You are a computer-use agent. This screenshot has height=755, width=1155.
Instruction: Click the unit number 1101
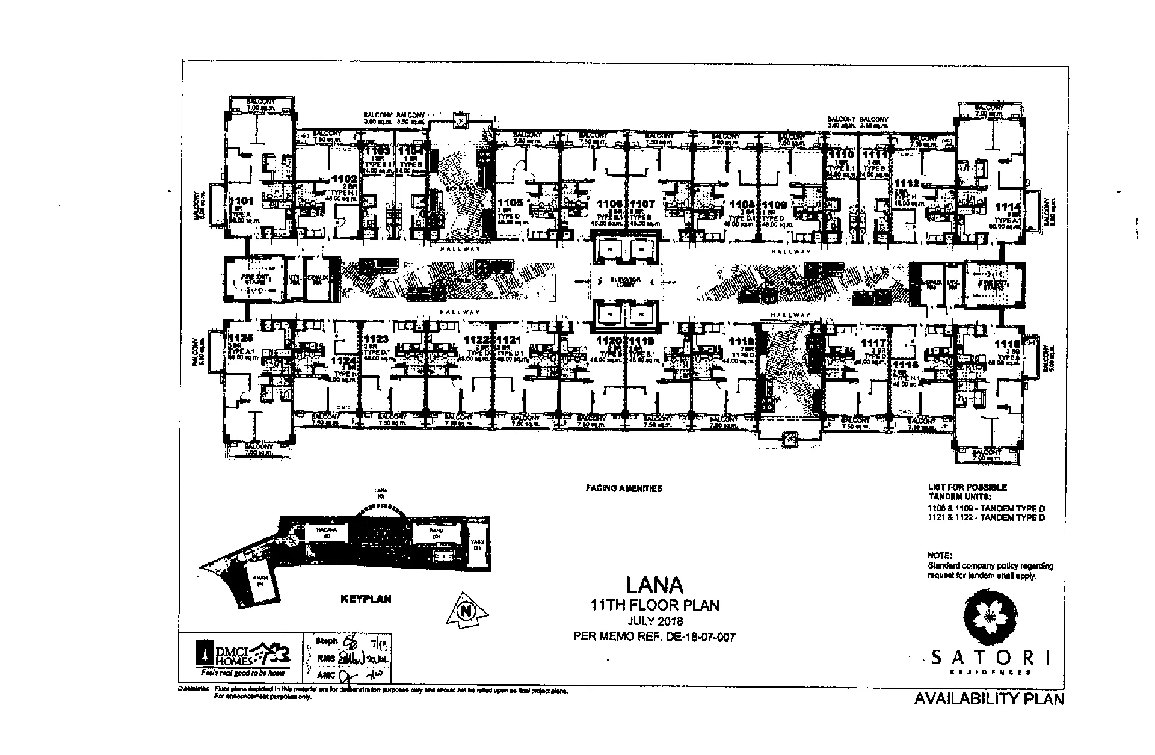click(x=241, y=201)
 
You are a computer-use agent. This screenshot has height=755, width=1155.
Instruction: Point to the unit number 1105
click(x=511, y=202)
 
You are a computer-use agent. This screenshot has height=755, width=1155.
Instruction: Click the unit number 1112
click(x=907, y=183)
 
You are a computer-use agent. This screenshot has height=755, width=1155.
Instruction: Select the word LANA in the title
click(x=654, y=585)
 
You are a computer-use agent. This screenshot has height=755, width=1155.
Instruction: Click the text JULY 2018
click(x=654, y=621)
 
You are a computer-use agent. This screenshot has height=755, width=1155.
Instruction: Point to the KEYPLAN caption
click(x=366, y=599)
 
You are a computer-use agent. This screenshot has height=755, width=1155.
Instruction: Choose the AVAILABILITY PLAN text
click(x=988, y=699)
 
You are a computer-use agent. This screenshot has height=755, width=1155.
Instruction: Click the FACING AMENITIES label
click(x=624, y=488)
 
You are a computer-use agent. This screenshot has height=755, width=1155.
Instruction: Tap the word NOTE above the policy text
click(x=940, y=555)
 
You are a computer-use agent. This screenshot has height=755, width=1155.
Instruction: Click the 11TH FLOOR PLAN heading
click(x=654, y=605)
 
